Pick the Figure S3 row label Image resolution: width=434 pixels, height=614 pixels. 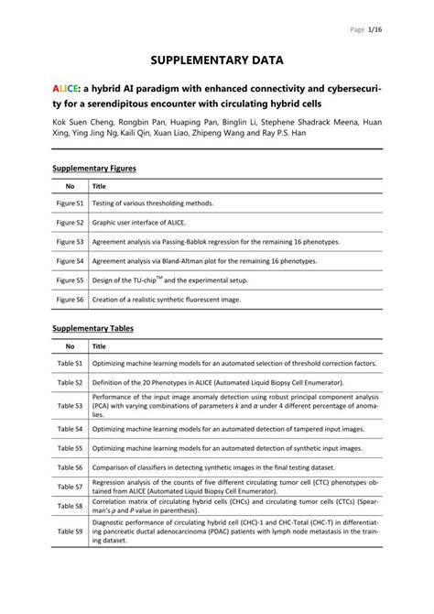click(x=70, y=241)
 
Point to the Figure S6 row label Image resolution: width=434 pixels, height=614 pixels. click(x=70, y=300)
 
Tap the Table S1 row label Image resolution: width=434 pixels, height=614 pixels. click(x=70, y=363)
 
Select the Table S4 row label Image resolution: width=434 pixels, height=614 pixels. click(x=70, y=428)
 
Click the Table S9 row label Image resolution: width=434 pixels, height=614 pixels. click(x=70, y=531)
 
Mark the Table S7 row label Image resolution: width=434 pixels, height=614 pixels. click(x=70, y=486)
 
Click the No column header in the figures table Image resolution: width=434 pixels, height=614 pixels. click(x=70, y=185)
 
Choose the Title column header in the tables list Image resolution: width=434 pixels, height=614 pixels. click(x=99, y=346)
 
